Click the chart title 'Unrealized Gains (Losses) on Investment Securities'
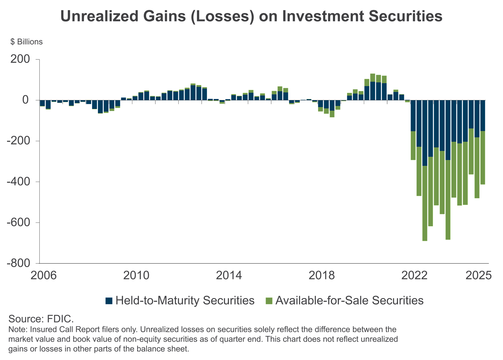(x=251, y=16)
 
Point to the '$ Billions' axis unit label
(x=26, y=42)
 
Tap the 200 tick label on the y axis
(x=20, y=59)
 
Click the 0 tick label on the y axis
(x=25, y=100)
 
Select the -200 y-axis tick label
(x=18, y=141)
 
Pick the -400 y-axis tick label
(x=18, y=181)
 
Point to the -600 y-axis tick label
(x=18, y=222)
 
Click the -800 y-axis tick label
(x=18, y=263)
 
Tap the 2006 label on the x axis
(x=43, y=275)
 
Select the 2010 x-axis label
(x=136, y=275)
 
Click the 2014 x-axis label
(x=229, y=275)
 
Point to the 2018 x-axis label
(x=321, y=275)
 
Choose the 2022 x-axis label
(x=414, y=275)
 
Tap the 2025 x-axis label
(x=478, y=275)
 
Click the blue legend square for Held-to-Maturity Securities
(x=109, y=301)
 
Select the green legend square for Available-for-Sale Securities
(x=269, y=301)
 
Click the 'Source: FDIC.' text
(x=41, y=319)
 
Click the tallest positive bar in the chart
(x=373, y=86)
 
